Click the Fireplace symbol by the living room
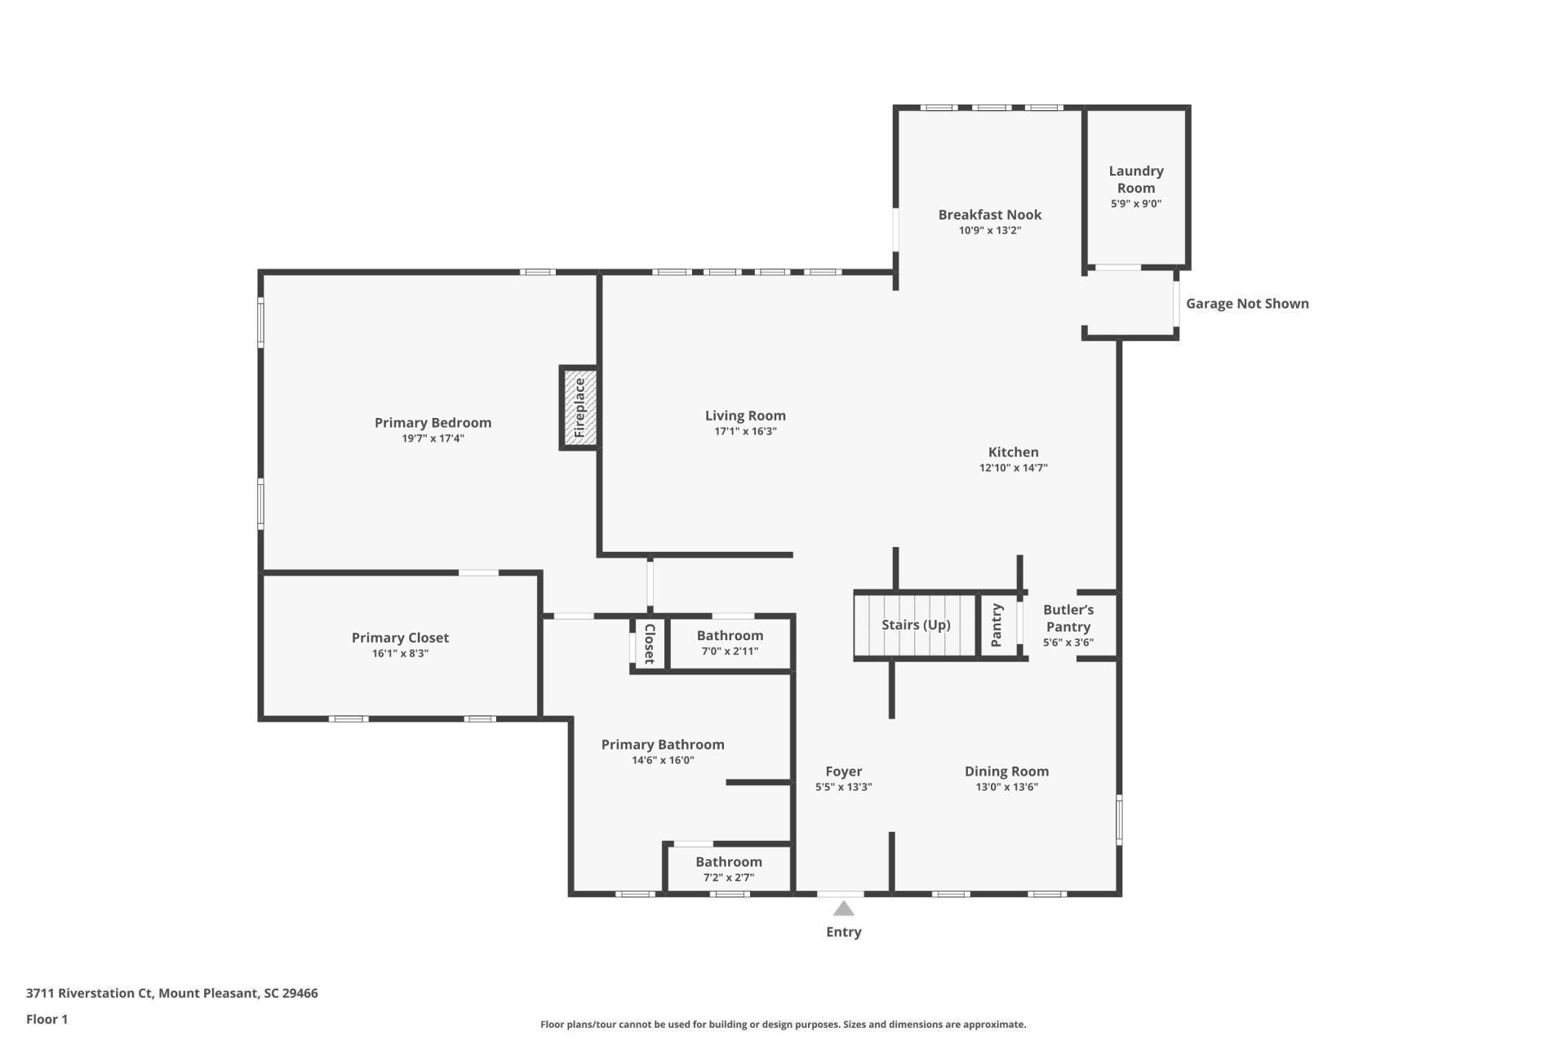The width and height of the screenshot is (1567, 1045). (579, 407)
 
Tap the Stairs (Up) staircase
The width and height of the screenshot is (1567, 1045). (916, 625)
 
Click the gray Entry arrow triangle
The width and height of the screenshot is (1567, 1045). (843, 909)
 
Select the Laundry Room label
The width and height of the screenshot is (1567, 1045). (1135, 180)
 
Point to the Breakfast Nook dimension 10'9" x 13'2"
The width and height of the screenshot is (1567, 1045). (989, 230)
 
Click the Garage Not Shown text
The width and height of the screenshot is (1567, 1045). (1246, 304)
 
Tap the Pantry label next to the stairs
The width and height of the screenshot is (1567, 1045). (997, 625)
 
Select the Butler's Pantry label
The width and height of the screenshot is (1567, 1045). (1068, 618)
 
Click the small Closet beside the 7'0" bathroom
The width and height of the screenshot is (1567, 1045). (650, 643)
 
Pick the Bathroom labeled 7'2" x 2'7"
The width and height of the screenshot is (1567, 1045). (728, 862)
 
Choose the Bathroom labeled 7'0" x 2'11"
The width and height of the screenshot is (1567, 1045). (730, 636)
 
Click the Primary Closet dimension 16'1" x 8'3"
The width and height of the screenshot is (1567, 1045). (400, 653)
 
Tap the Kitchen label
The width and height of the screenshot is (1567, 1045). (1013, 452)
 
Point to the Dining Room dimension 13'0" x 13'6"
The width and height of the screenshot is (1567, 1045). (1006, 787)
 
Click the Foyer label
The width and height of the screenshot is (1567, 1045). (843, 772)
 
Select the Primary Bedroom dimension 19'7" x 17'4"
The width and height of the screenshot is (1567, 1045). (433, 438)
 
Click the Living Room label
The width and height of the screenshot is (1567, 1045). (745, 416)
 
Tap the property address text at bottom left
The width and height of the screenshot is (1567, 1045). (171, 994)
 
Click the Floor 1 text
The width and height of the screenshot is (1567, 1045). (47, 1019)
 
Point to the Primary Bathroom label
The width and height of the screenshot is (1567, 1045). (663, 745)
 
